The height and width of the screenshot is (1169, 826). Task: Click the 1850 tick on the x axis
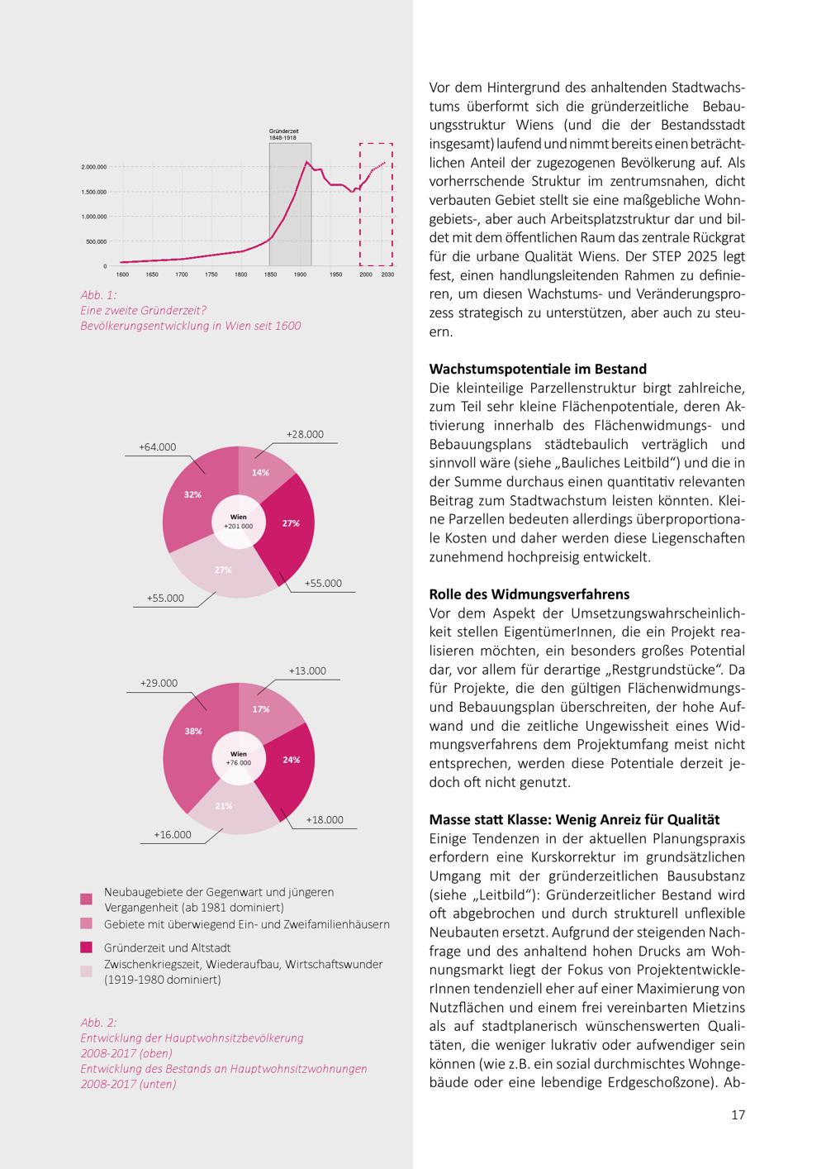point(270,274)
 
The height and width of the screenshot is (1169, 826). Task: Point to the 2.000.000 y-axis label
point(94,167)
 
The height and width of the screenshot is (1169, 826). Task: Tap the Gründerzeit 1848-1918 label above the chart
point(283,134)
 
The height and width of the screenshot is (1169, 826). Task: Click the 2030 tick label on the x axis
point(387,274)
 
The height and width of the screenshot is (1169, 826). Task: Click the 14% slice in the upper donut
point(263,472)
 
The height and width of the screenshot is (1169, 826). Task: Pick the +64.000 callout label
point(158,447)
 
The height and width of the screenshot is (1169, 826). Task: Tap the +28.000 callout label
point(305,434)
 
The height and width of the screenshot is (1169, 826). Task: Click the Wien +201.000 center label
point(239,522)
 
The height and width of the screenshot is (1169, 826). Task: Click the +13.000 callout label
point(307,670)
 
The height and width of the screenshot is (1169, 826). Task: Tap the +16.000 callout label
point(173,834)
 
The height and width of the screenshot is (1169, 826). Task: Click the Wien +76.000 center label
point(239,758)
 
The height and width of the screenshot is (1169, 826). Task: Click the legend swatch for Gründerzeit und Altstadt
point(86,947)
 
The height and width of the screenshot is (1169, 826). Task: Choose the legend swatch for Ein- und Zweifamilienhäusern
point(86,923)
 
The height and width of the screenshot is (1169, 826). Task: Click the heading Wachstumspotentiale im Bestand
point(538,369)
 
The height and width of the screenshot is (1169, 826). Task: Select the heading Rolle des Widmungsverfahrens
point(529,594)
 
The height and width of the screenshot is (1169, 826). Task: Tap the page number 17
point(738,1114)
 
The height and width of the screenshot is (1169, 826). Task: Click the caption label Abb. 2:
point(98,1023)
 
